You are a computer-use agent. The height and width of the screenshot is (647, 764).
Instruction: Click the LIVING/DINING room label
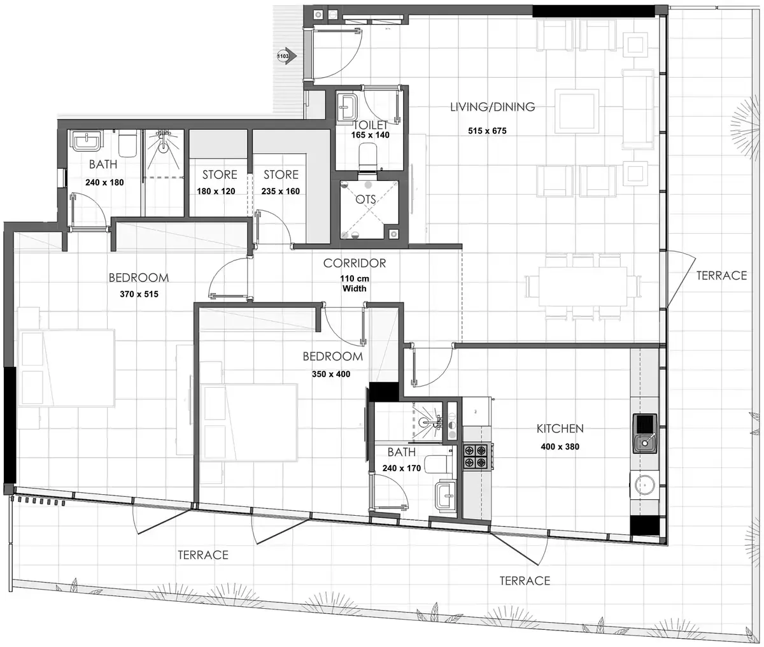pos(492,107)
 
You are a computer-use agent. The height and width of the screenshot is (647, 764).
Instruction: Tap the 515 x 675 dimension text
pos(487,131)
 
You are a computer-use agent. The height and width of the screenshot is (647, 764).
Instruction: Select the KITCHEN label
pos(560,429)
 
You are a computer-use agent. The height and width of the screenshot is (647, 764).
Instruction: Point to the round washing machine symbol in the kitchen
pos(644,485)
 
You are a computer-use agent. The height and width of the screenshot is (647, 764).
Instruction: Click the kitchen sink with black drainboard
pos(644,434)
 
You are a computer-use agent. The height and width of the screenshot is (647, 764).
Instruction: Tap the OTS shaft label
pos(365,200)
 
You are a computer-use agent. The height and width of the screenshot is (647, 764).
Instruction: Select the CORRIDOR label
pos(355,263)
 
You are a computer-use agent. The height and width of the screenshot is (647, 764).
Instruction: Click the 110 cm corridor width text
pos(355,283)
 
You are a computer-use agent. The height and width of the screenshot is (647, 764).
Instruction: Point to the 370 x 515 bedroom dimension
pos(139,294)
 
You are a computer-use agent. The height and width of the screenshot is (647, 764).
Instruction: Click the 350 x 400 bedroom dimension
pos(331,374)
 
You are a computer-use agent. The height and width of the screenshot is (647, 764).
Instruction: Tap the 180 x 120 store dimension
pos(216,192)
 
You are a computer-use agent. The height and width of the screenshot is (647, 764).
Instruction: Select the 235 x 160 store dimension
pos(281,192)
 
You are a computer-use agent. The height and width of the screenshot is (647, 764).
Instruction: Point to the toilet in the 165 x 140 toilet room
pos(368,156)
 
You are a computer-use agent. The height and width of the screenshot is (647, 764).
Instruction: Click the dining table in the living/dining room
pos(583,287)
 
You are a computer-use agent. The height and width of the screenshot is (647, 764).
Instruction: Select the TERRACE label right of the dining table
pos(721,276)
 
